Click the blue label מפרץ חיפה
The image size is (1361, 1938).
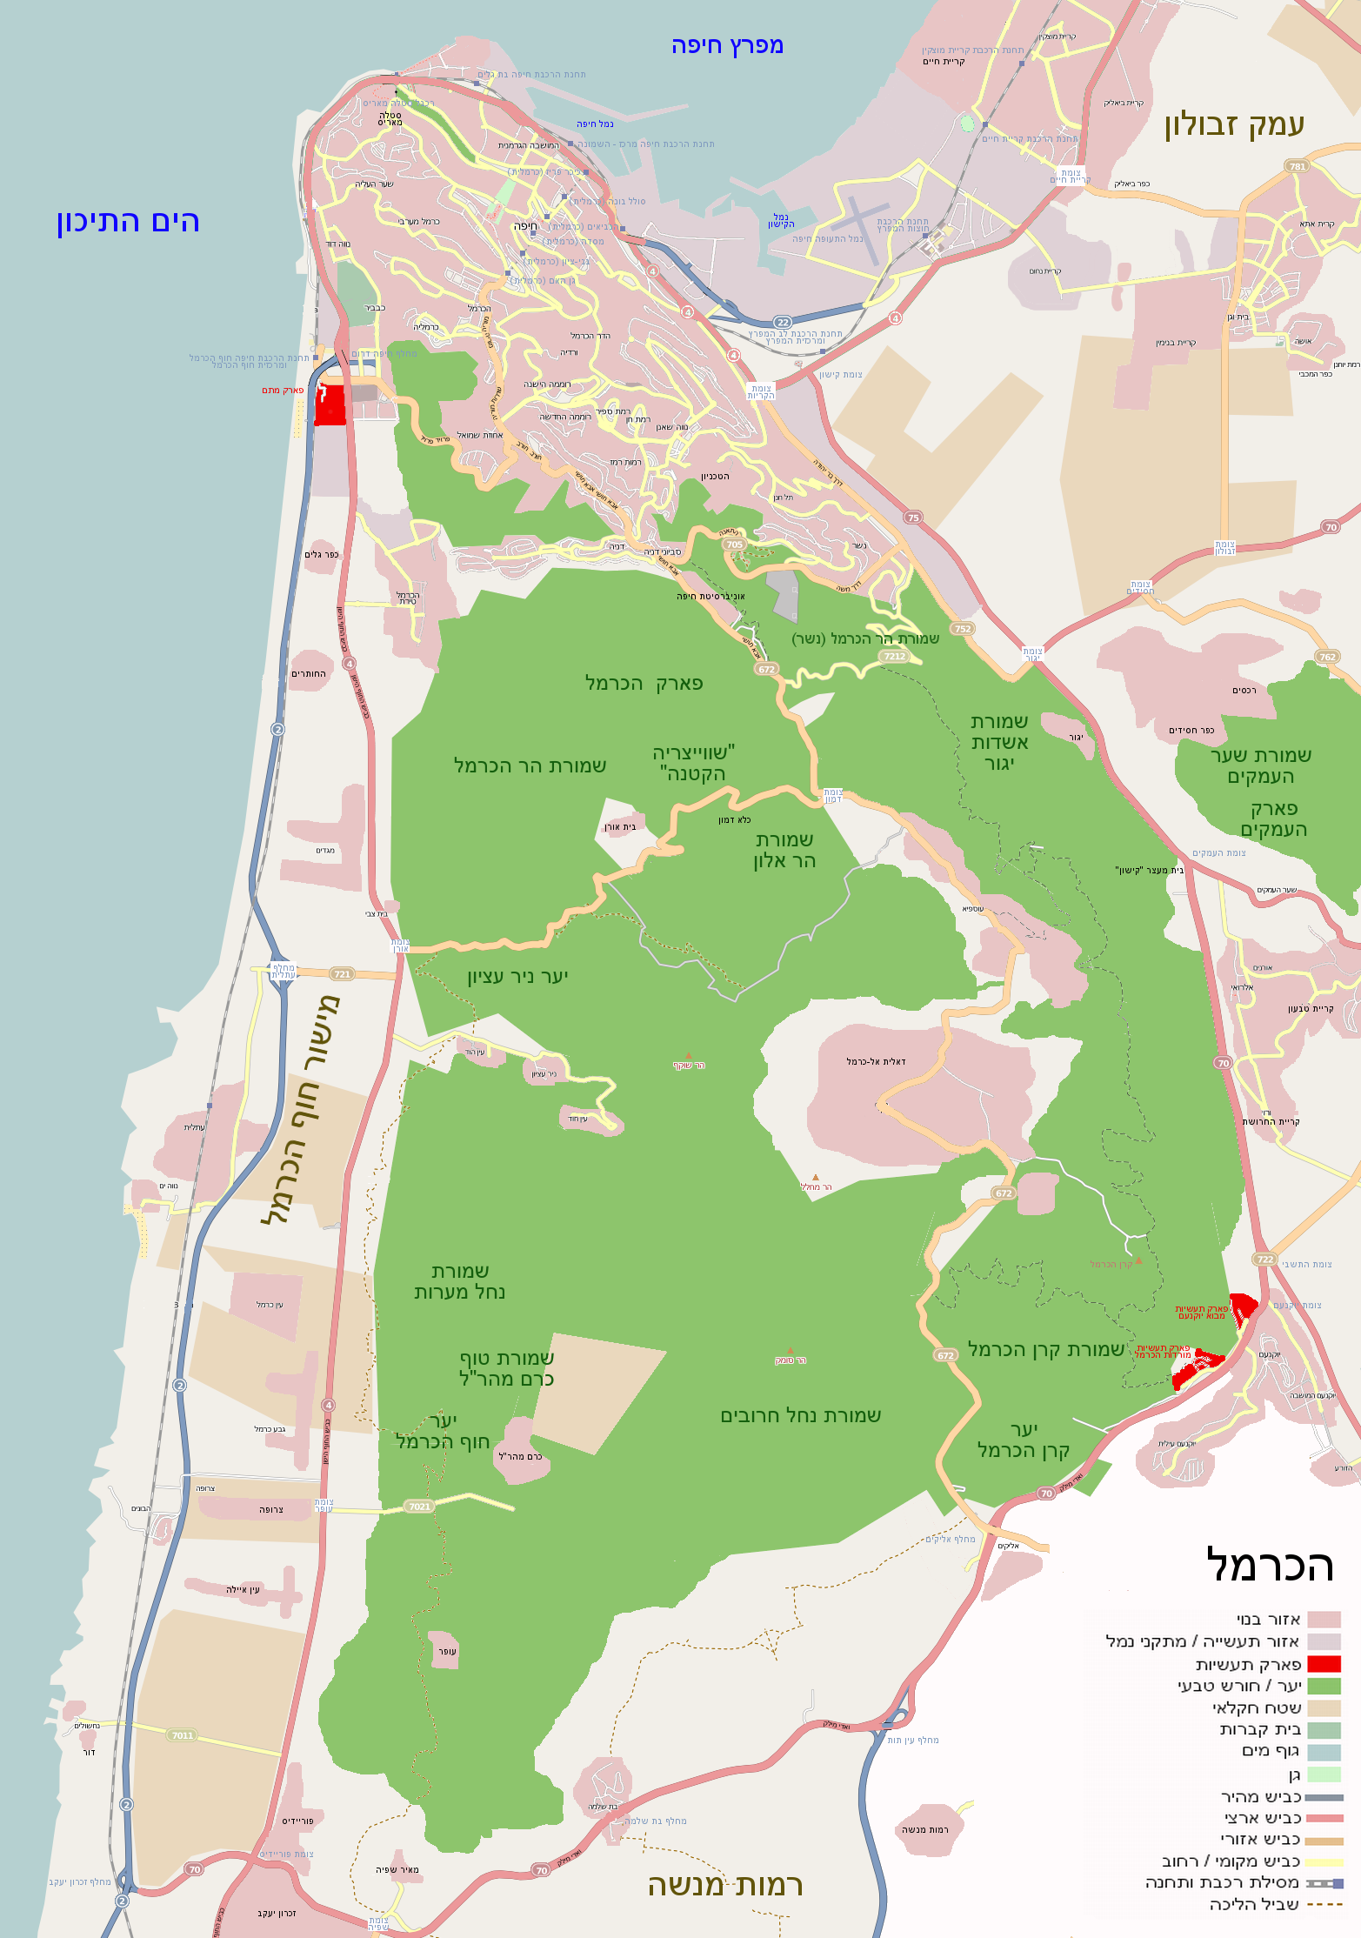click(x=727, y=45)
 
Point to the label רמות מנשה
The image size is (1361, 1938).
click(x=724, y=1885)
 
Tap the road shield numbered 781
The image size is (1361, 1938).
click(x=1297, y=166)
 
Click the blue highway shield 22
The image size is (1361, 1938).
click(x=783, y=322)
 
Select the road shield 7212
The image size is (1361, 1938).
click(x=894, y=657)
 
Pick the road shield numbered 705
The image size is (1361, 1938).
click(x=735, y=545)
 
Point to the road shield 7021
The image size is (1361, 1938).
click(x=419, y=1507)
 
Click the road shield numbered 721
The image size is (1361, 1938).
click(x=343, y=974)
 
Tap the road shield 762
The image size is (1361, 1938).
click(x=1327, y=657)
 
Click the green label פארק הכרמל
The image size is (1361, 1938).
click(x=644, y=683)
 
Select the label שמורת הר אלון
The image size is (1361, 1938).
click(x=784, y=850)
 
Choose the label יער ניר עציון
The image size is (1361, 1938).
click(x=517, y=977)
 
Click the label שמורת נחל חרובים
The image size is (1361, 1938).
click(x=800, y=1416)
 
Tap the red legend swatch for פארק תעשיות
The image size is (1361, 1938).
click(x=1324, y=1664)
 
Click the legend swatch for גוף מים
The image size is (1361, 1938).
click(x=1324, y=1752)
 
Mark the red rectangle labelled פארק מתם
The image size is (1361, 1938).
click(x=330, y=404)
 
